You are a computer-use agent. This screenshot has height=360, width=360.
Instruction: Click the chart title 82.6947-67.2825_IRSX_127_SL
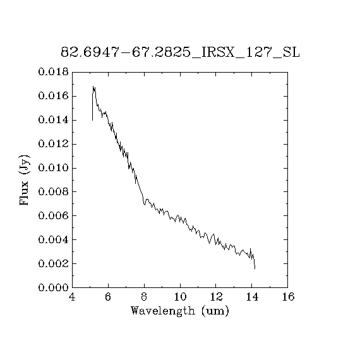tap(180, 52)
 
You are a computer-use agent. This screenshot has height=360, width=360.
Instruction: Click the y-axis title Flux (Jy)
tap(25, 180)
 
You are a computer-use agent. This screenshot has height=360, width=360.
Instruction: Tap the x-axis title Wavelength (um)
tap(180, 311)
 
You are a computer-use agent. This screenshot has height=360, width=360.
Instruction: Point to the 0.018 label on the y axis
tap(53, 72)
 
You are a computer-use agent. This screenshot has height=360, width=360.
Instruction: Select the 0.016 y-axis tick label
tap(53, 96)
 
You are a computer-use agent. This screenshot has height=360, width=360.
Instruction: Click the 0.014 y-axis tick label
tap(53, 120)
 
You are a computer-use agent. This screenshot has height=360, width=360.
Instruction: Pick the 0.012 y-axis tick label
tap(53, 144)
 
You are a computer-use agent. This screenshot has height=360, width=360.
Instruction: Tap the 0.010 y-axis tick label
tap(53, 168)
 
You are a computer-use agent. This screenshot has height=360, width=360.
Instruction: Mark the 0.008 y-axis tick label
tap(53, 191)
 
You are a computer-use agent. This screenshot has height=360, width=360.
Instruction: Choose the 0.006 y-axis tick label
tap(53, 215)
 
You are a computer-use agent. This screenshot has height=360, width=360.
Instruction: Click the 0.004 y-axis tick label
tap(53, 240)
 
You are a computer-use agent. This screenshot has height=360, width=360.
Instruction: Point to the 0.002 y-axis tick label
tap(53, 263)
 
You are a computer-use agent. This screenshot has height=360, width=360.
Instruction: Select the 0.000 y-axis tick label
tap(53, 287)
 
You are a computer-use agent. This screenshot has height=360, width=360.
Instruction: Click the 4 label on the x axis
tap(72, 297)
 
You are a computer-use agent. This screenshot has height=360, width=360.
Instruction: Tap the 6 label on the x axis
tap(108, 297)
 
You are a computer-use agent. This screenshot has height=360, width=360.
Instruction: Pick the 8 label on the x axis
tap(144, 297)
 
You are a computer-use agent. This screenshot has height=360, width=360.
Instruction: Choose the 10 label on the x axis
tap(180, 297)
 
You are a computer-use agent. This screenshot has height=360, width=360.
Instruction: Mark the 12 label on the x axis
tap(216, 297)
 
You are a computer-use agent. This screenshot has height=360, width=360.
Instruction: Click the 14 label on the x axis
tap(252, 297)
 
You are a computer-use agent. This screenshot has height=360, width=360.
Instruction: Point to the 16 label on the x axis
tap(288, 297)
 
